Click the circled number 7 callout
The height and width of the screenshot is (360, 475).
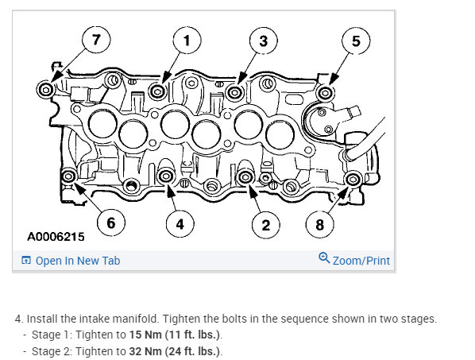coord(96,40)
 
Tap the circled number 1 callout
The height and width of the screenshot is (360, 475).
coord(187,41)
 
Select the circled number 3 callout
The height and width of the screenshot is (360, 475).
coord(264,41)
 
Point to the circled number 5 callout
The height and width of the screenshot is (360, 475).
coord(356,41)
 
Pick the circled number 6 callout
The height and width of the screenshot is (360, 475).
coord(111,223)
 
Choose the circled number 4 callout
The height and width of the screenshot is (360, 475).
coord(180,224)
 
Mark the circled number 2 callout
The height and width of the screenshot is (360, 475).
coord(265,225)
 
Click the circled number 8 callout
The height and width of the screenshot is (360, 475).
coord(320,225)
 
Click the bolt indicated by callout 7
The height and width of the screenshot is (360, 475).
coord(46,90)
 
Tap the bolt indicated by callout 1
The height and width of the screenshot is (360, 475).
coord(157,91)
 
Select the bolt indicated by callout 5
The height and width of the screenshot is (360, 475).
coord(326,93)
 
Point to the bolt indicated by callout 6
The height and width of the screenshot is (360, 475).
coord(68,176)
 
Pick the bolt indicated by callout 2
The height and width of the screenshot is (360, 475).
coord(245,177)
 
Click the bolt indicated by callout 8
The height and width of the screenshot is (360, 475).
coord(353,180)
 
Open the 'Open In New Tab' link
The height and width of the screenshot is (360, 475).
coord(71,261)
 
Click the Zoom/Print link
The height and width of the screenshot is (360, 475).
coord(354,260)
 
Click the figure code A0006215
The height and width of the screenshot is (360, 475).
coord(56,237)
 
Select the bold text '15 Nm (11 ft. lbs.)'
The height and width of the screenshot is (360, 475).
coord(175,335)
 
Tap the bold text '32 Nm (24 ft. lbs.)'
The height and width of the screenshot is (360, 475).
coord(175,351)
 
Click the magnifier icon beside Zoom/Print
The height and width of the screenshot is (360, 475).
coord(324,257)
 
